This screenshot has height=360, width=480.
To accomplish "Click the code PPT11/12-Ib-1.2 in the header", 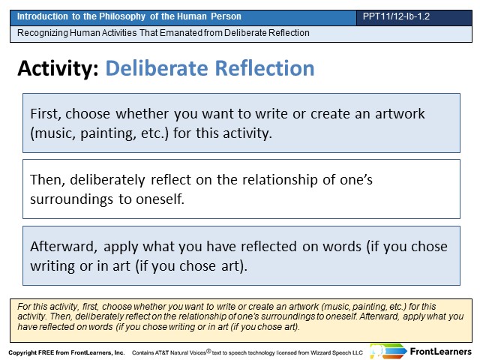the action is coord(396,16).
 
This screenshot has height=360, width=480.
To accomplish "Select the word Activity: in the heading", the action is coord(58,68).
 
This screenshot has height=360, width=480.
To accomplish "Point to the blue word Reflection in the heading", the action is coord(265,68).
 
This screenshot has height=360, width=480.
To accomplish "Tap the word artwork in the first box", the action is coord(400,114).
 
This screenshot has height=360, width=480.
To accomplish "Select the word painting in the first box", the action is coord(108,133).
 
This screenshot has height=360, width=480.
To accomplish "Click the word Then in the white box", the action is coord(47,180).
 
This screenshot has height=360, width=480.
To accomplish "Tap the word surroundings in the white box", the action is coord(72,199).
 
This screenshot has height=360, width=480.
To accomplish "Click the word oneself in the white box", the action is coord(160,199).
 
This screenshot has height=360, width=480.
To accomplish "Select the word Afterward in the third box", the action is coord(64,247).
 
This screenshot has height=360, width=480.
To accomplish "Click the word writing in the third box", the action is coord(52,266).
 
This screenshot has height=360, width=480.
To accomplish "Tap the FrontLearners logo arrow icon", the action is coord(388,352).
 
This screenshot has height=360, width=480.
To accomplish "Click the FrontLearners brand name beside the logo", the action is coord(440,352).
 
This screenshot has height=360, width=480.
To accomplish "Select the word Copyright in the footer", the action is coord(22,352).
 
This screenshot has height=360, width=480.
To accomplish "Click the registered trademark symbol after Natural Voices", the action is coord(208,351).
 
